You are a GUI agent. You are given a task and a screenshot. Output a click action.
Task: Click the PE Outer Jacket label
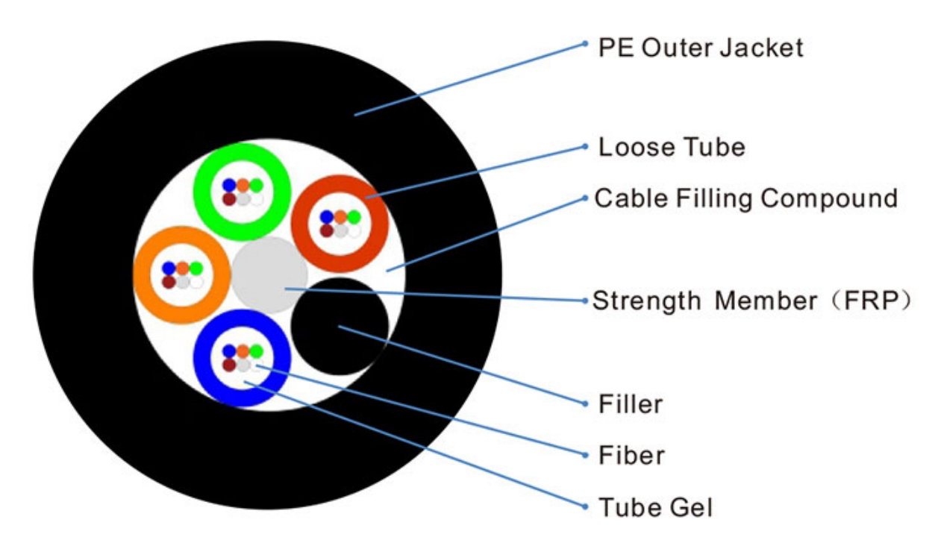pyautogui.click(x=700, y=48)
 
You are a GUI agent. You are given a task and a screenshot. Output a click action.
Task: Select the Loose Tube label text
pyautogui.click(x=671, y=147)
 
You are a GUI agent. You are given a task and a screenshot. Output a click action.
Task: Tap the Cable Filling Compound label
pyautogui.click(x=745, y=198)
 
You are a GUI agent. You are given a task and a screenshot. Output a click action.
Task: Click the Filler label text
pyautogui.click(x=630, y=404)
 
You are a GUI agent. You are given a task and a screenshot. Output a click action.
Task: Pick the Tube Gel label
pyautogui.click(x=655, y=507)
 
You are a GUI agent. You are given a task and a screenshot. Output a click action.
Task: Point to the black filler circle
pyautogui.click(x=339, y=326)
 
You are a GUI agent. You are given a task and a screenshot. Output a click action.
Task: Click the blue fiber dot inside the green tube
pyautogui.click(x=229, y=185)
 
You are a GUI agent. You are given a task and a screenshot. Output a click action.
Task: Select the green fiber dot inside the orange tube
pyautogui.click(x=196, y=268)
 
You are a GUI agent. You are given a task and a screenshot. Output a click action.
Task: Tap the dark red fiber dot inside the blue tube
pyautogui.click(x=229, y=365)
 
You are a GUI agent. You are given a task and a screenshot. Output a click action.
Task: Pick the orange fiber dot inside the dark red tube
pyautogui.click(x=340, y=217)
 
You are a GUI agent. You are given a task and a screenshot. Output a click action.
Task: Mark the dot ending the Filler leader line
pyautogui.click(x=585, y=403)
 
